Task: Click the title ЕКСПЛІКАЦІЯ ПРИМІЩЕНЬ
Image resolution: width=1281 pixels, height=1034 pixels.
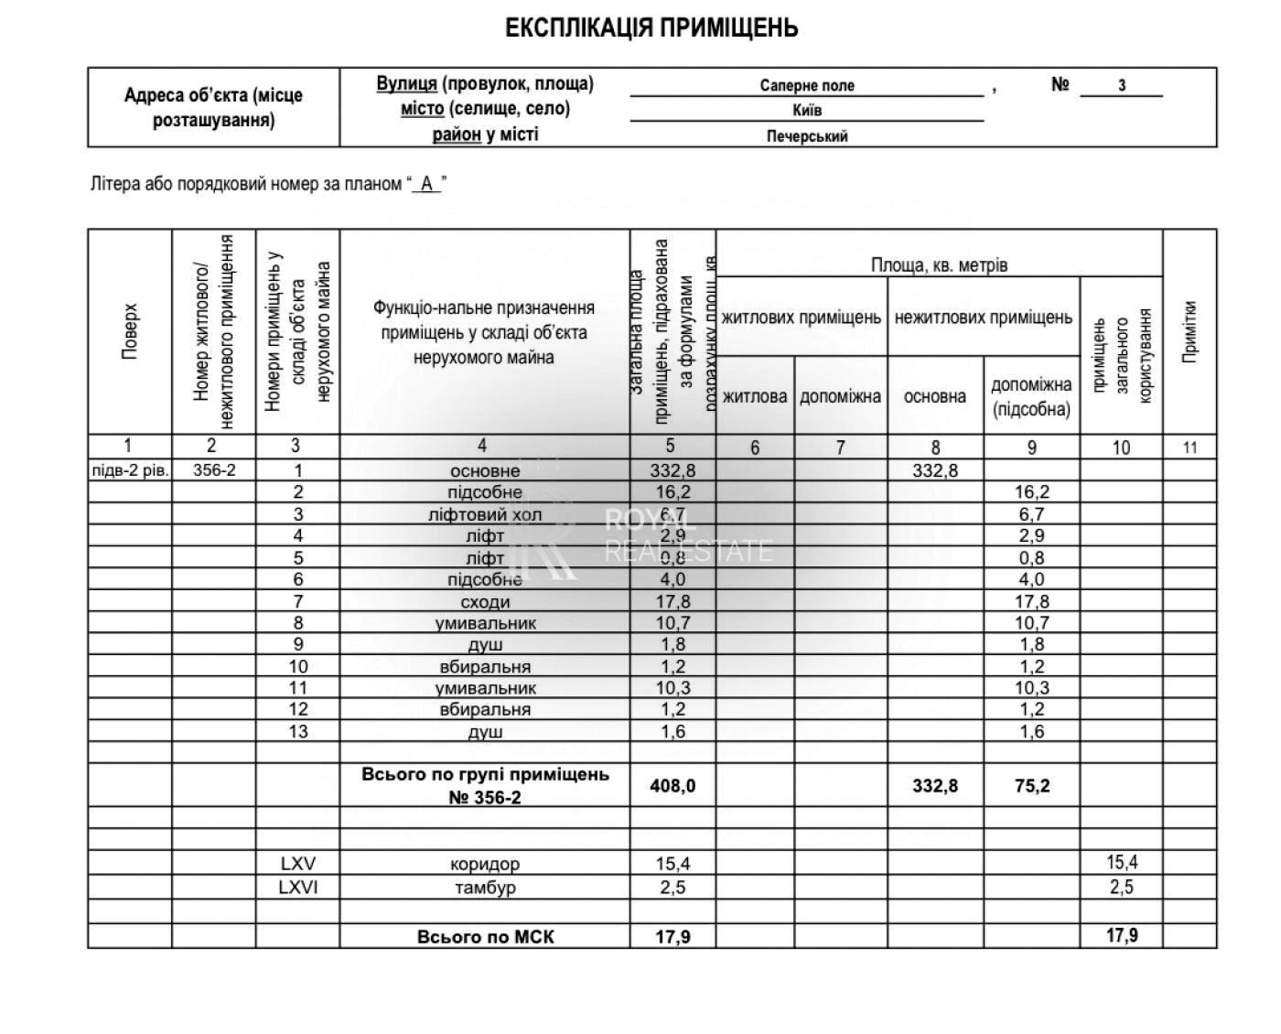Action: tap(651, 28)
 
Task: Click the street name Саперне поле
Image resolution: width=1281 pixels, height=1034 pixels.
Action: tap(806, 86)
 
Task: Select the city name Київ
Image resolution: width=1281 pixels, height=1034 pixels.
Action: tap(806, 111)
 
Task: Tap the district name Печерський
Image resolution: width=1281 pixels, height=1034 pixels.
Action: tap(806, 136)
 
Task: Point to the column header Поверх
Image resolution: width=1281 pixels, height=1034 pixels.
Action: tap(130, 331)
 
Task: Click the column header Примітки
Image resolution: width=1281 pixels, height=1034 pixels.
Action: tap(1189, 331)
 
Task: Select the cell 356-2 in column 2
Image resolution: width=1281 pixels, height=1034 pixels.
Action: tap(214, 470)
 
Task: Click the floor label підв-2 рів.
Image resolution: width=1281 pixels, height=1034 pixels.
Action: tap(130, 470)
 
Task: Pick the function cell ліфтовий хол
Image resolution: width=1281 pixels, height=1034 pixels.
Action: tap(485, 514)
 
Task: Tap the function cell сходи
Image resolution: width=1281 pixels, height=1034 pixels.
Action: tap(485, 602)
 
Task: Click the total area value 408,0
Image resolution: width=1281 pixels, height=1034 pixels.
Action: tap(673, 785)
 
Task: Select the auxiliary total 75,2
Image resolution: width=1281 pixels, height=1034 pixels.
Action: tap(1031, 785)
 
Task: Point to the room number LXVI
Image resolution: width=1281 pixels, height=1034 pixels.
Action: tap(298, 887)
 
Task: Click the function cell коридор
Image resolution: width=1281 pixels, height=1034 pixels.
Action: tap(485, 864)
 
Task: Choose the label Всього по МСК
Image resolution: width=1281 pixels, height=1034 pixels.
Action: tap(485, 936)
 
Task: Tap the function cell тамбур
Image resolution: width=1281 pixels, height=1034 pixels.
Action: tap(485, 887)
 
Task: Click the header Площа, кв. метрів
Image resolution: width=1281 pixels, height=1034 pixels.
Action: tap(939, 265)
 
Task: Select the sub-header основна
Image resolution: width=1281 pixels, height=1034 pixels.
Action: tap(934, 396)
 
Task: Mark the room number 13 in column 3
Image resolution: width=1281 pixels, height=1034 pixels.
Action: tap(298, 731)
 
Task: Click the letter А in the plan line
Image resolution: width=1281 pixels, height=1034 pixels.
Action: tap(426, 184)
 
